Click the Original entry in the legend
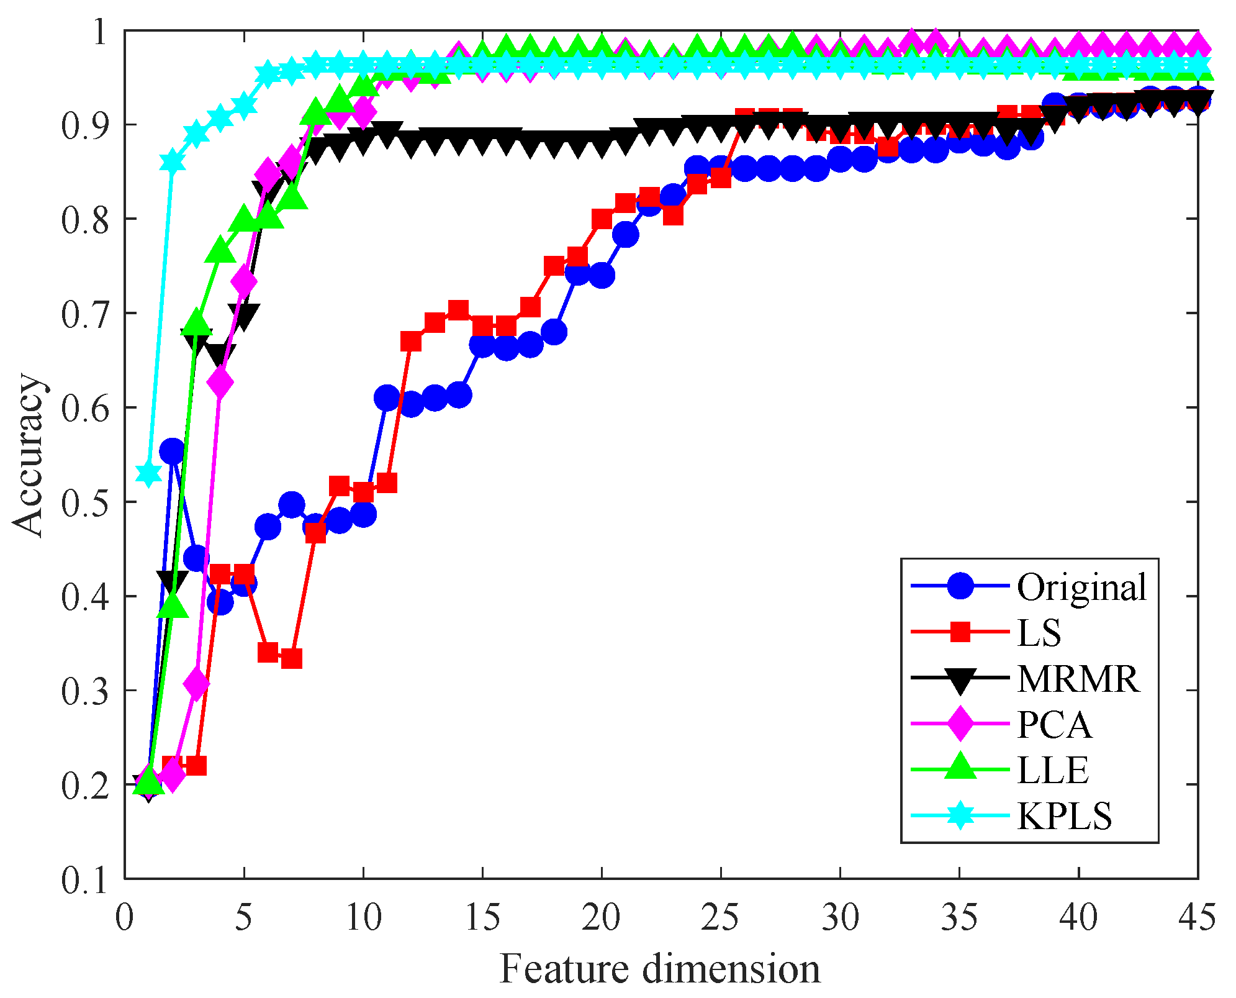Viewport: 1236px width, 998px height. coord(1081,587)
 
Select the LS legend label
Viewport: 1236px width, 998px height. coord(1039,632)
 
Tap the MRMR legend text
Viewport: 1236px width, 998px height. coord(1078,678)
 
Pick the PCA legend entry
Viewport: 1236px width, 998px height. coord(1054,724)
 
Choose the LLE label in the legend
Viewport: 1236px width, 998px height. coord(1053,770)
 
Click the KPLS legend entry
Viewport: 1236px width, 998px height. coord(1064,816)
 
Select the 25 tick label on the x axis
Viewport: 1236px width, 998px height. coord(721,918)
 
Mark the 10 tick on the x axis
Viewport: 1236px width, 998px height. coord(363,918)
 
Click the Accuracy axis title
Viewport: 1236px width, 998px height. coord(28,455)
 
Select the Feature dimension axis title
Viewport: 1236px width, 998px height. coord(660,969)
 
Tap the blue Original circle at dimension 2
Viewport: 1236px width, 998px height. coord(172,451)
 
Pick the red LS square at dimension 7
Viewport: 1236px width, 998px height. coord(291,658)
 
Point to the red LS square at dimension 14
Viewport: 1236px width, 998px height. coord(458,310)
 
